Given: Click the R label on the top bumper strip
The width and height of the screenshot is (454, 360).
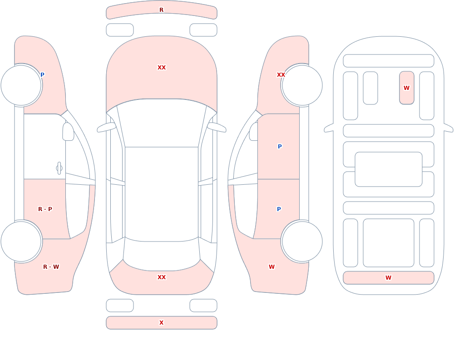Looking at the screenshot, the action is coord(161,10).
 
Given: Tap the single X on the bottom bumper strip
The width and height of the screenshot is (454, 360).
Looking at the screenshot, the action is coord(161,323).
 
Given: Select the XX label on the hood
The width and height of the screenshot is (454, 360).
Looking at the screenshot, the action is coord(162,68).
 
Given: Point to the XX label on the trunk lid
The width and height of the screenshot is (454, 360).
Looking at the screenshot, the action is coord(162,277).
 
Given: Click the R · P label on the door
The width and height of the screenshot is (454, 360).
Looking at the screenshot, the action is coord(45,209).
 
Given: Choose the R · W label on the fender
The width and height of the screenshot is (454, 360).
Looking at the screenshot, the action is coord(51,267).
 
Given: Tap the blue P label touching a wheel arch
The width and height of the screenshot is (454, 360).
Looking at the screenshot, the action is coord(42,75).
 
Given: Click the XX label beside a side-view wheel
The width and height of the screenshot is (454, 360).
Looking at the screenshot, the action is coord(281,75).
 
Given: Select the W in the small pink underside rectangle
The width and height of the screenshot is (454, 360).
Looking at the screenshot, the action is coord(406,88).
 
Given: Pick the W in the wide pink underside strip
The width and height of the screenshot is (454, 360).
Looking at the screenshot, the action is coord(388,278).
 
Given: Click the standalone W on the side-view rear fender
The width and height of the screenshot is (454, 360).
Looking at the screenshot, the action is coord(271,267).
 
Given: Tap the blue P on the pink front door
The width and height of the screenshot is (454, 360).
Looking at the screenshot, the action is coord(280,147).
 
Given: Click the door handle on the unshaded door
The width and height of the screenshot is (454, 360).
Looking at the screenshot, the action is coord(59,168).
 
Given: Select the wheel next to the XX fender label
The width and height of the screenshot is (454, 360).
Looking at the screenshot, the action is coord(302,85).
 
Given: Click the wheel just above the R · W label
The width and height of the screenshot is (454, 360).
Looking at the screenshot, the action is coord(21,241).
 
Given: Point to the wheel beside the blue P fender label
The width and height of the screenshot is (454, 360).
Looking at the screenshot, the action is coord(21,85).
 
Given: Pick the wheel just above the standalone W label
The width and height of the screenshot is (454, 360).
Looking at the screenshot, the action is coord(302,241).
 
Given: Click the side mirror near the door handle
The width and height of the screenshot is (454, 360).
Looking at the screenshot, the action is coord(68,132).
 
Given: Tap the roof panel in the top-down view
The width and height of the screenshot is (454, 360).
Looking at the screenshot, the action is coord(162,193).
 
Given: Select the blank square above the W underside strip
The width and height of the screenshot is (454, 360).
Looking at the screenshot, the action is coord(389,243).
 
